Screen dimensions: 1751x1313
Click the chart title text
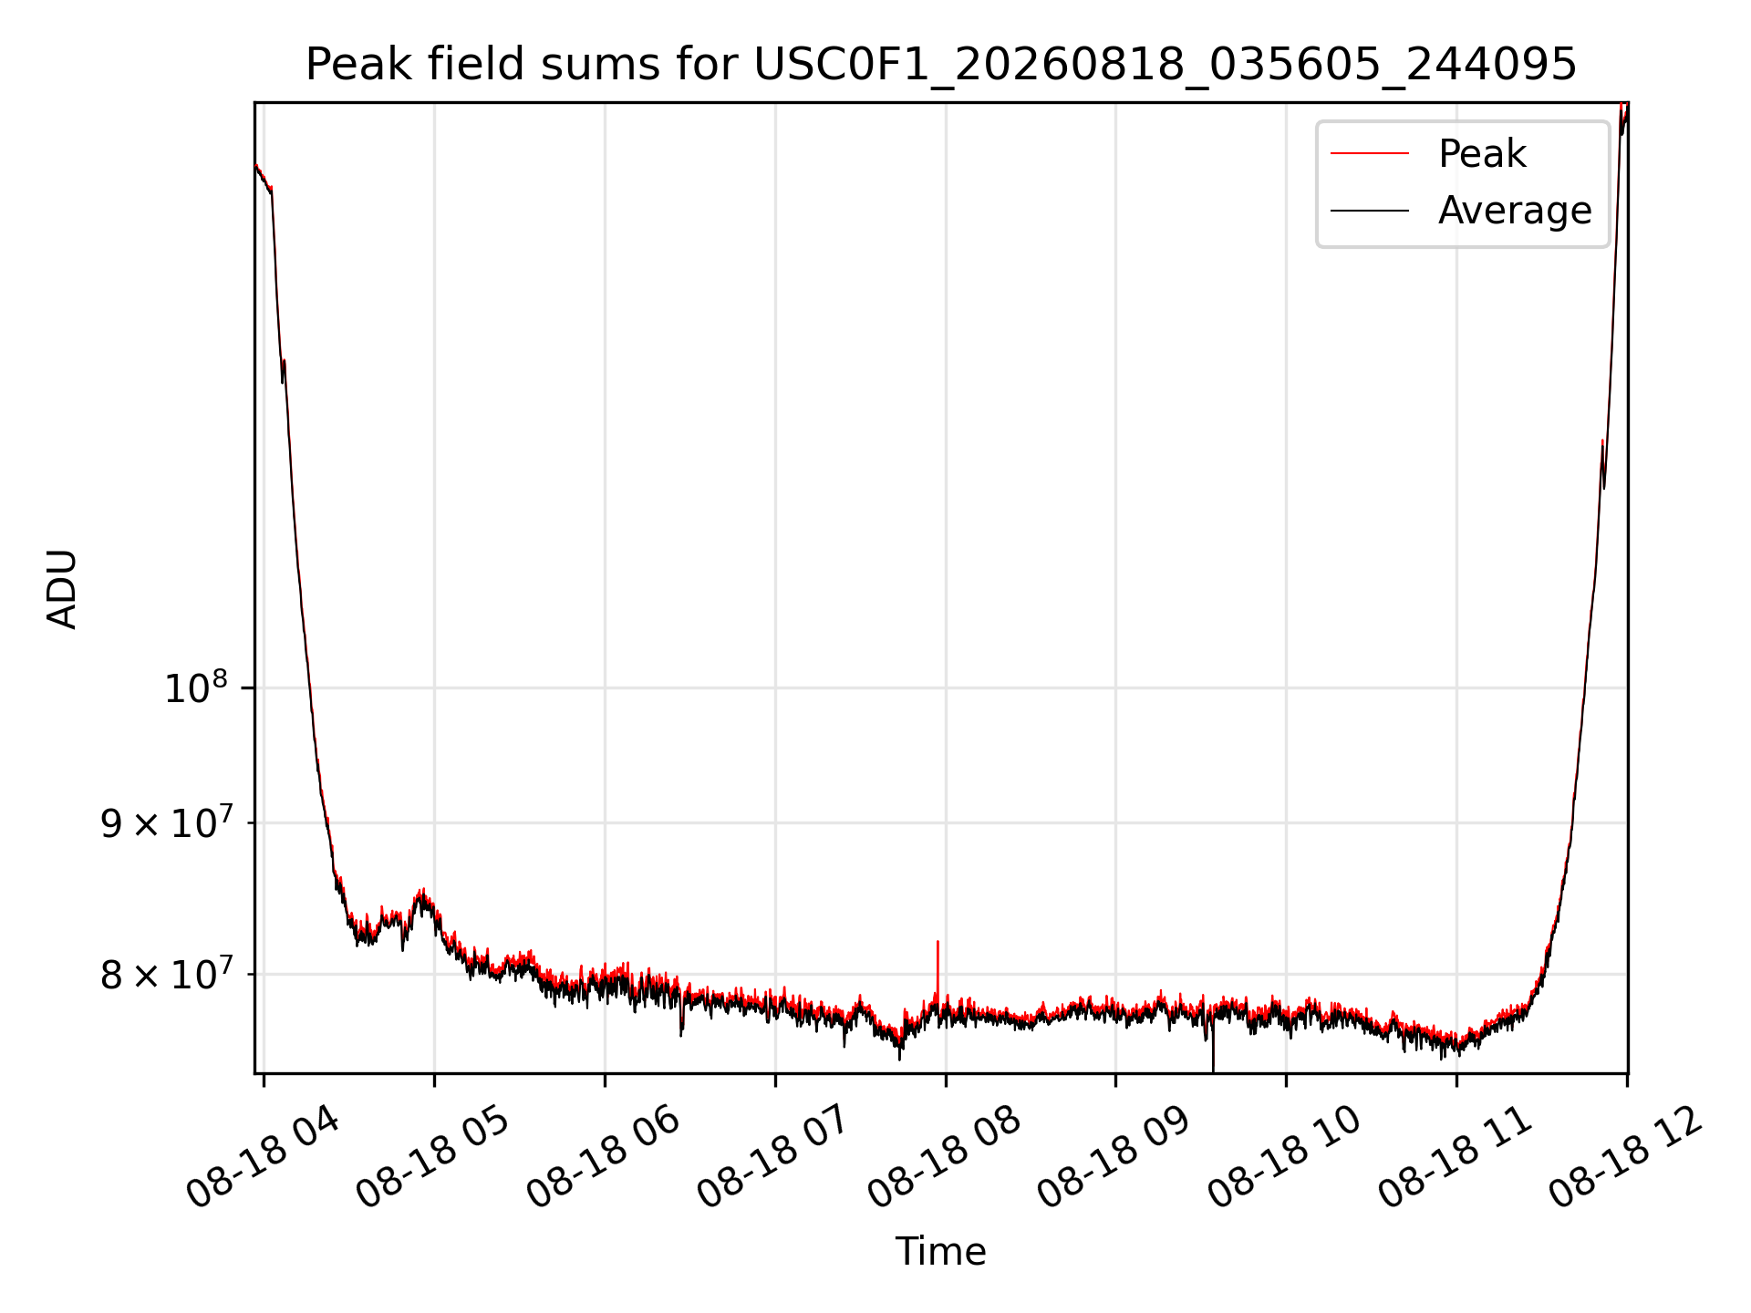[x=940, y=65]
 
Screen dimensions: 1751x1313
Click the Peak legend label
[x=1482, y=154]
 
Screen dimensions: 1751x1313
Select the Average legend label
[x=1515, y=211]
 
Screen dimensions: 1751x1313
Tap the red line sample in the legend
[x=1370, y=154]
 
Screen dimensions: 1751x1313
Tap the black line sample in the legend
[x=1370, y=211]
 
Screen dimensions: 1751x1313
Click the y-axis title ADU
[x=62, y=589]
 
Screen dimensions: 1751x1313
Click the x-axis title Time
[x=940, y=1252]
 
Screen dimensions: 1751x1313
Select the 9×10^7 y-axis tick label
[x=167, y=822]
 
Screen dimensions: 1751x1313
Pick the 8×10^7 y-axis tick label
[x=167, y=974]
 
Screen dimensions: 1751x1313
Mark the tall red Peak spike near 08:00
[x=938, y=972]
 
